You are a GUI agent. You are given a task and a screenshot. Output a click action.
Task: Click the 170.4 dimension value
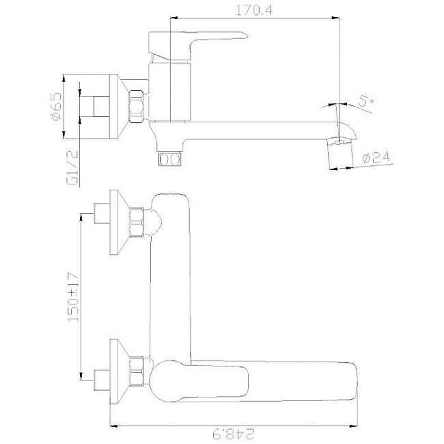(254, 10)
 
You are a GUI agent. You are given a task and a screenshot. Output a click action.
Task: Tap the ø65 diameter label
(56, 106)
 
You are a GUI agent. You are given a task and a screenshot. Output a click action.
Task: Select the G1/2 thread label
(72, 167)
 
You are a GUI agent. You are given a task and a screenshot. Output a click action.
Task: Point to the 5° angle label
(366, 101)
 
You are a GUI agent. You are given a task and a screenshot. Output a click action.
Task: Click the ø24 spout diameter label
(376, 158)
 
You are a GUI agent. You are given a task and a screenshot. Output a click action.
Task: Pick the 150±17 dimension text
(72, 296)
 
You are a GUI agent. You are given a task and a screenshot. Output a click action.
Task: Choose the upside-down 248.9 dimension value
(234, 434)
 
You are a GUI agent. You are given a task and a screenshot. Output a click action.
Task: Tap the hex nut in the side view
(136, 107)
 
